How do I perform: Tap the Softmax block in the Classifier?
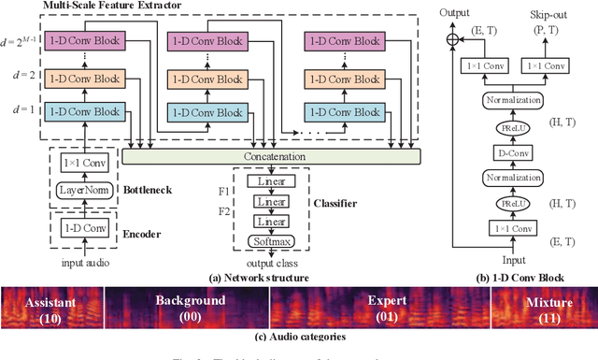pos(272,240)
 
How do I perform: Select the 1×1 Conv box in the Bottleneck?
pos(83,164)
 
